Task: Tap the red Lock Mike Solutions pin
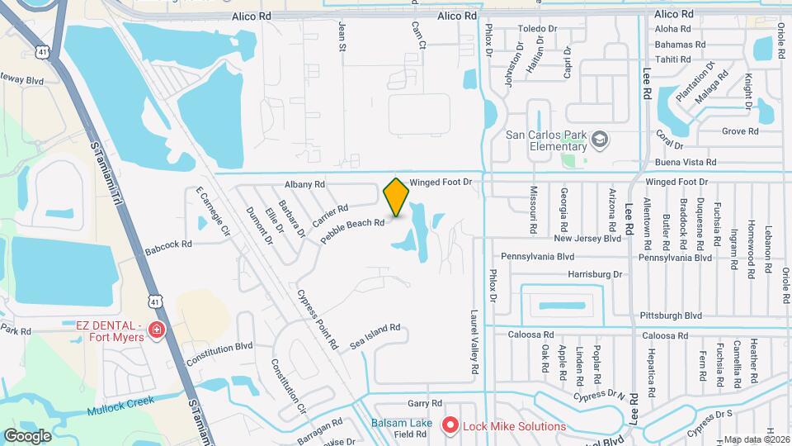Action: [450, 426]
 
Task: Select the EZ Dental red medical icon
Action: [156, 330]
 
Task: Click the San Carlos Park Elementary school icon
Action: [599, 138]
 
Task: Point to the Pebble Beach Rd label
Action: [353, 228]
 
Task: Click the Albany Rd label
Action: [304, 184]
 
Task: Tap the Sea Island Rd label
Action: [375, 334]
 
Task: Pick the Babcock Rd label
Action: [168, 244]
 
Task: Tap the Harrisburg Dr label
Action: [594, 273]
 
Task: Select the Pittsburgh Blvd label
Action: [670, 316]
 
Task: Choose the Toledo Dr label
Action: [538, 29]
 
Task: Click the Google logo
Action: [28, 435]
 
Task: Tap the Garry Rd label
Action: [419, 404]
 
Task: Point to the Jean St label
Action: [341, 37]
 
